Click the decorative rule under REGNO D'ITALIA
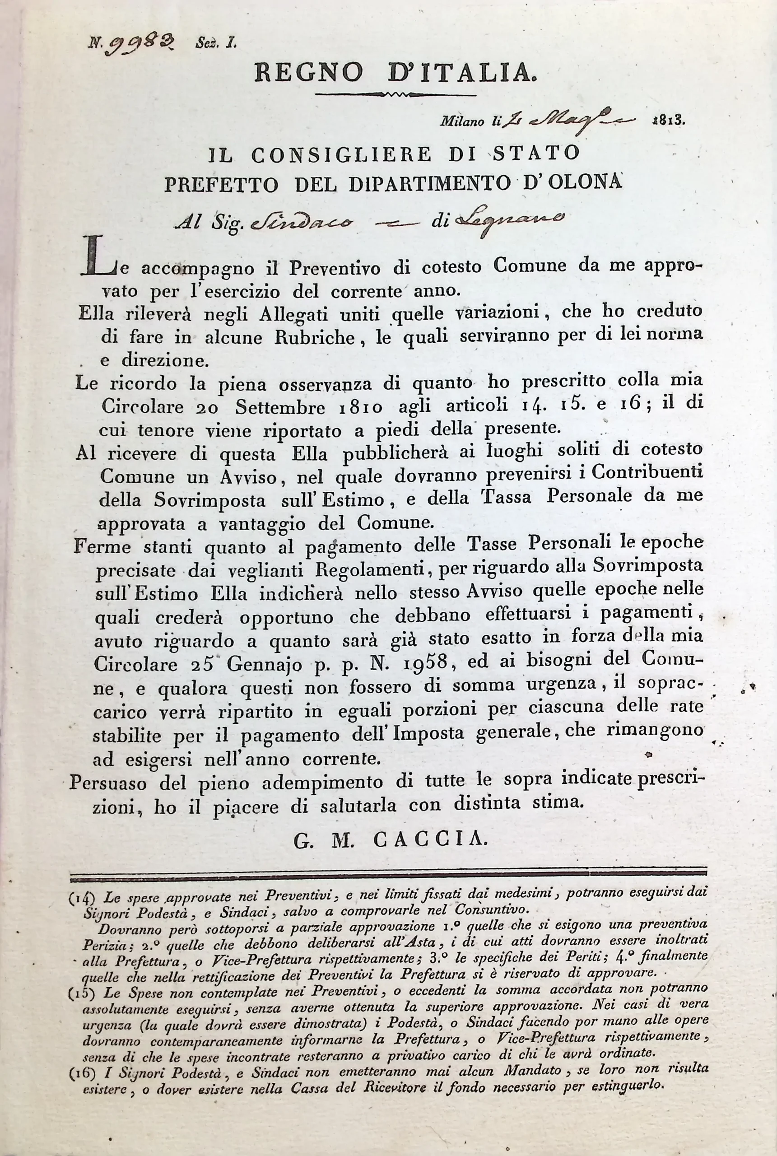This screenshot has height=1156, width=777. coord(395,94)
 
